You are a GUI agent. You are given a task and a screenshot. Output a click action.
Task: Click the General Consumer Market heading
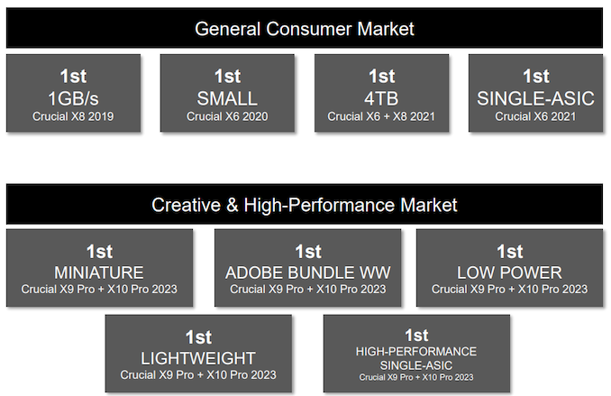click(x=305, y=29)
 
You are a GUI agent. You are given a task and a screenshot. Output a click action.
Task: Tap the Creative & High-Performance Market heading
click(x=305, y=205)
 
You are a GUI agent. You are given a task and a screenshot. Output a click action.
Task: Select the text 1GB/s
click(x=73, y=98)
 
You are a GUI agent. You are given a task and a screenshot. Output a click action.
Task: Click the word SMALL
click(x=227, y=98)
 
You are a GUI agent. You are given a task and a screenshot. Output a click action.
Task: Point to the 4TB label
click(x=381, y=98)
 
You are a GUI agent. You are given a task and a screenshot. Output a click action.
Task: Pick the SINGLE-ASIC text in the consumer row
click(x=536, y=98)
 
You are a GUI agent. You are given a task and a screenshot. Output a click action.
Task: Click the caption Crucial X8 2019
click(x=73, y=116)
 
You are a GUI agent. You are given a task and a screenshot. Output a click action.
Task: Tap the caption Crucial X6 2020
click(x=227, y=116)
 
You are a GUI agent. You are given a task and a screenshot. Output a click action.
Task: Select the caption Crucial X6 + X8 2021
click(x=381, y=116)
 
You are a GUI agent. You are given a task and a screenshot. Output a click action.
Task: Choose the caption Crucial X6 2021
click(x=536, y=116)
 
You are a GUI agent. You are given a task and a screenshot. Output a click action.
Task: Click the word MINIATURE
click(x=99, y=272)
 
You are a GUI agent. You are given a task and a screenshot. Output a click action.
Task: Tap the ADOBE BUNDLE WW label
click(x=308, y=272)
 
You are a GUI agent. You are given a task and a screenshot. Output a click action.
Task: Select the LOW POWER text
click(x=510, y=272)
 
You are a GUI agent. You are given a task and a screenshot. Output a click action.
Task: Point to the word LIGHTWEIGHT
click(x=198, y=358)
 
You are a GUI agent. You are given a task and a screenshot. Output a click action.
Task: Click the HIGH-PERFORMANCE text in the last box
click(x=416, y=352)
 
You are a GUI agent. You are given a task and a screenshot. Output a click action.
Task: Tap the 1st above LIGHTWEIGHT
click(x=198, y=337)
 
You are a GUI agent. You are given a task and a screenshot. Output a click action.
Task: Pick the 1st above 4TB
click(x=381, y=76)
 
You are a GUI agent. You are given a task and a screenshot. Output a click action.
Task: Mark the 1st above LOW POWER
click(x=510, y=252)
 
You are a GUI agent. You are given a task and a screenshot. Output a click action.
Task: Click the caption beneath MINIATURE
click(x=99, y=289)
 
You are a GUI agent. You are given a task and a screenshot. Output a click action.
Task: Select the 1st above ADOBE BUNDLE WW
click(x=308, y=252)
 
